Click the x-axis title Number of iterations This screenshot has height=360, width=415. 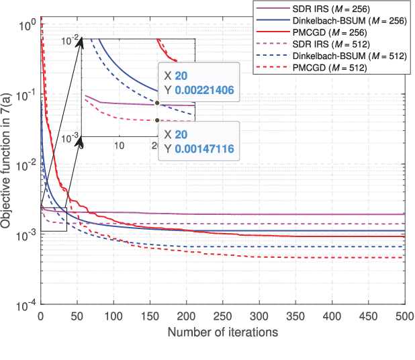(222, 332)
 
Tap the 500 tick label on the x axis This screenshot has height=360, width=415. (403, 316)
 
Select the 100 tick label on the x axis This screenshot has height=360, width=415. (113, 316)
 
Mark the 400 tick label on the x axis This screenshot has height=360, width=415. (330, 316)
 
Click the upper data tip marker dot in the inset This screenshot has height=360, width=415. (157, 103)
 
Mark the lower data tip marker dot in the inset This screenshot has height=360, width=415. (157, 121)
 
